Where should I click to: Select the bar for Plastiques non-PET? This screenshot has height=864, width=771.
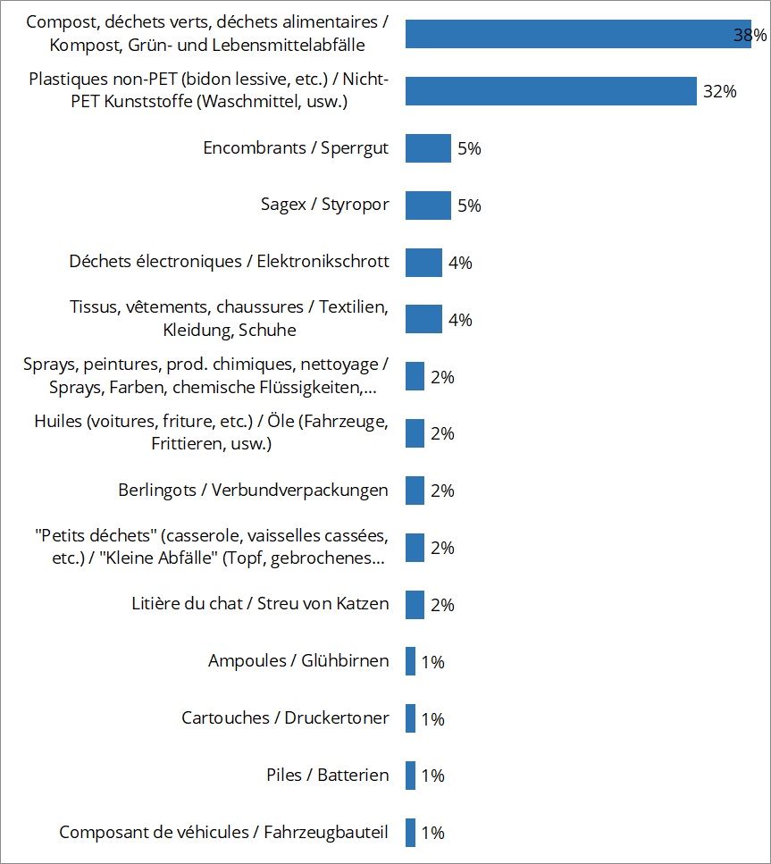550,91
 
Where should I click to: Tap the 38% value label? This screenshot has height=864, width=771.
750,35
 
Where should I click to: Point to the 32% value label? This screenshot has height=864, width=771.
719,91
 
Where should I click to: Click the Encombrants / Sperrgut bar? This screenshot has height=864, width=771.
428,148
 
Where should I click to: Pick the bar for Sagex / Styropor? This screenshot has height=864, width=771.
428,206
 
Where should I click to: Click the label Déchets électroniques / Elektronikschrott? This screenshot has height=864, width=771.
229,262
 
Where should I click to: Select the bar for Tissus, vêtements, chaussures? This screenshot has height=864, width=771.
423,319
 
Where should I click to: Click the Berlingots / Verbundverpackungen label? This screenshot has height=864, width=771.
253,491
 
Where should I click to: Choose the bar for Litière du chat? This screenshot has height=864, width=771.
415,605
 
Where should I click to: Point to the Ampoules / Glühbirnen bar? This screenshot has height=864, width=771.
410,662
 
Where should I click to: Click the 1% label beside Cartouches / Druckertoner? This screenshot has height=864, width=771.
432,719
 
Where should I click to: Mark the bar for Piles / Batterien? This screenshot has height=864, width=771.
410,776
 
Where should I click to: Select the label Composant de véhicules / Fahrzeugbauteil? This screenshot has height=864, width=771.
223,833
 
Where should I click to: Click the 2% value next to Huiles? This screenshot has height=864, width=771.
442,433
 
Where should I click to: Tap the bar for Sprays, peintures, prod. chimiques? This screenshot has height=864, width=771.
415,376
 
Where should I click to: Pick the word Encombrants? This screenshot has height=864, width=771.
255,148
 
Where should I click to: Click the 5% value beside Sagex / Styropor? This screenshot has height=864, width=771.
469,206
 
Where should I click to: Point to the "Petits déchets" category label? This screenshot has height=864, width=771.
211,548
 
